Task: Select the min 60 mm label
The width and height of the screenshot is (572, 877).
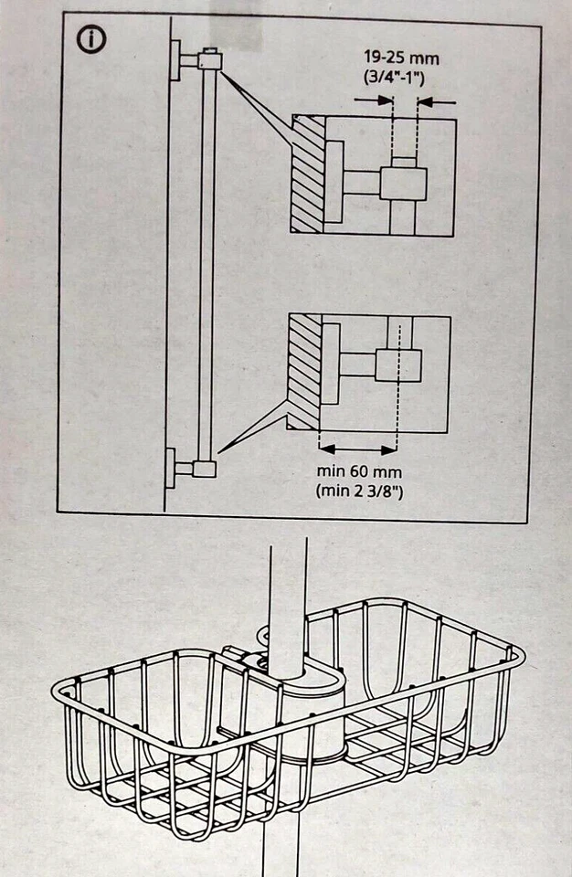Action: (x=358, y=472)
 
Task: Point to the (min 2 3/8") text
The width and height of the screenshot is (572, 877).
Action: (x=358, y=491)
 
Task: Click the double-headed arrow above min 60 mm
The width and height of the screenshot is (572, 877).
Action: (x=358, y=449)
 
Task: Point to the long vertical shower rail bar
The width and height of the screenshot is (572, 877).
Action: (x=207, y=265)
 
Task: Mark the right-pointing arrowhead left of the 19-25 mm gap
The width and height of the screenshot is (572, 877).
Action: (x=385, y=101)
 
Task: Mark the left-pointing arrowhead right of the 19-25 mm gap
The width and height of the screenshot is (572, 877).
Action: (x=426, y=101)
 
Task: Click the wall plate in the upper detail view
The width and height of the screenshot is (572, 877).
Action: (x=334, y=181)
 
